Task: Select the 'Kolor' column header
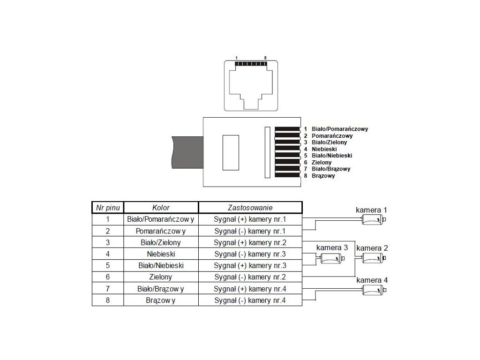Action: click(161, 207)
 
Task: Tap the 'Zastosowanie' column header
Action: click(250, 207)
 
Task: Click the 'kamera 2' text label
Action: click(372, 247)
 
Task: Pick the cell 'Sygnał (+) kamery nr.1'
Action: click(250, 219)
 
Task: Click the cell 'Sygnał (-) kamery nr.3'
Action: click(250, 254)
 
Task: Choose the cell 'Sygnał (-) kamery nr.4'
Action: click(250, 300)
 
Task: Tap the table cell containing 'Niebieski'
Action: click(161, 254)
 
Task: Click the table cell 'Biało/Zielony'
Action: click(161, 242)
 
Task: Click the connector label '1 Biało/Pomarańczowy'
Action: click(336, 129)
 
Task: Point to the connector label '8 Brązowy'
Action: click(320, 176)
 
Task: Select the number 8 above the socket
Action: click(265, 58)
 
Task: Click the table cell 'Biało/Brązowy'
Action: click(161, 289)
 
